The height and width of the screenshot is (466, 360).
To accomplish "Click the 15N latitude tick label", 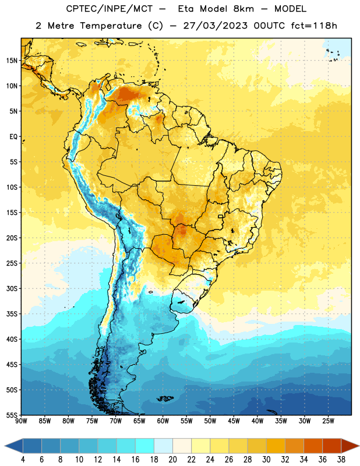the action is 12,61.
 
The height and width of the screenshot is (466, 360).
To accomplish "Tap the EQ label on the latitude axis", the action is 13,137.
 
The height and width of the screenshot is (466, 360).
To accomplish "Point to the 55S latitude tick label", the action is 12,415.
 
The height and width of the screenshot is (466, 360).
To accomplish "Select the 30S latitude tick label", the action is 12,288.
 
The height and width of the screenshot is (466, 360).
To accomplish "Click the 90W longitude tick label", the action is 22,421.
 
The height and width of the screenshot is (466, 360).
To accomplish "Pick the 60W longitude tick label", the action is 163,421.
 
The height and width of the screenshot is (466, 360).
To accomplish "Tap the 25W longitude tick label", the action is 328,421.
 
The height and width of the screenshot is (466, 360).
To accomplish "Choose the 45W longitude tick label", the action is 234,421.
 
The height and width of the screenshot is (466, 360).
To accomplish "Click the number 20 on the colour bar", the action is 172,460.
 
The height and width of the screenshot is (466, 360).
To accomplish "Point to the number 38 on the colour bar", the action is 341,460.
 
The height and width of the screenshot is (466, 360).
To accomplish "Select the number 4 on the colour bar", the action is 23,460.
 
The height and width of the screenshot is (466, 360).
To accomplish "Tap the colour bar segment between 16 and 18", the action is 145,446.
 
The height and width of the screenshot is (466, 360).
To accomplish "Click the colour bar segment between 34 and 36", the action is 313,446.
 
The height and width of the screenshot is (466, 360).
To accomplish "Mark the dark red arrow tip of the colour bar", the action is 358,446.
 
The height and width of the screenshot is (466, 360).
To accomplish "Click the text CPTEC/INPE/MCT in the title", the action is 110,9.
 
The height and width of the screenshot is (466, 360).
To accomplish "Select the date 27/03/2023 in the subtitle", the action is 215,26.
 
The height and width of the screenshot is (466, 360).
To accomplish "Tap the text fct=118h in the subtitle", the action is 314,26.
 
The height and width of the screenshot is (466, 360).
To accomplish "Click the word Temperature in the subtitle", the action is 111,26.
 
